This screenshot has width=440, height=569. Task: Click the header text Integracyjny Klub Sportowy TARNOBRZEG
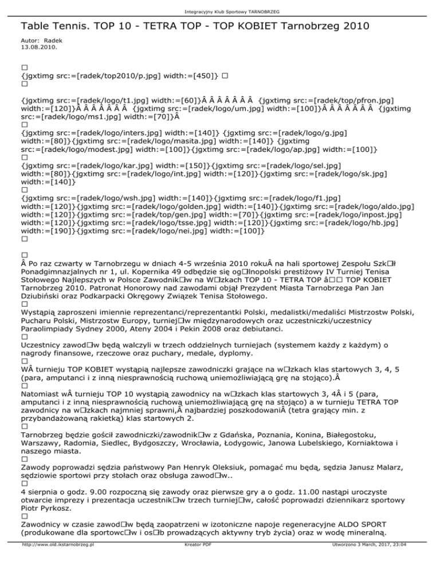pyautogui.click(x=220, y=4)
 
